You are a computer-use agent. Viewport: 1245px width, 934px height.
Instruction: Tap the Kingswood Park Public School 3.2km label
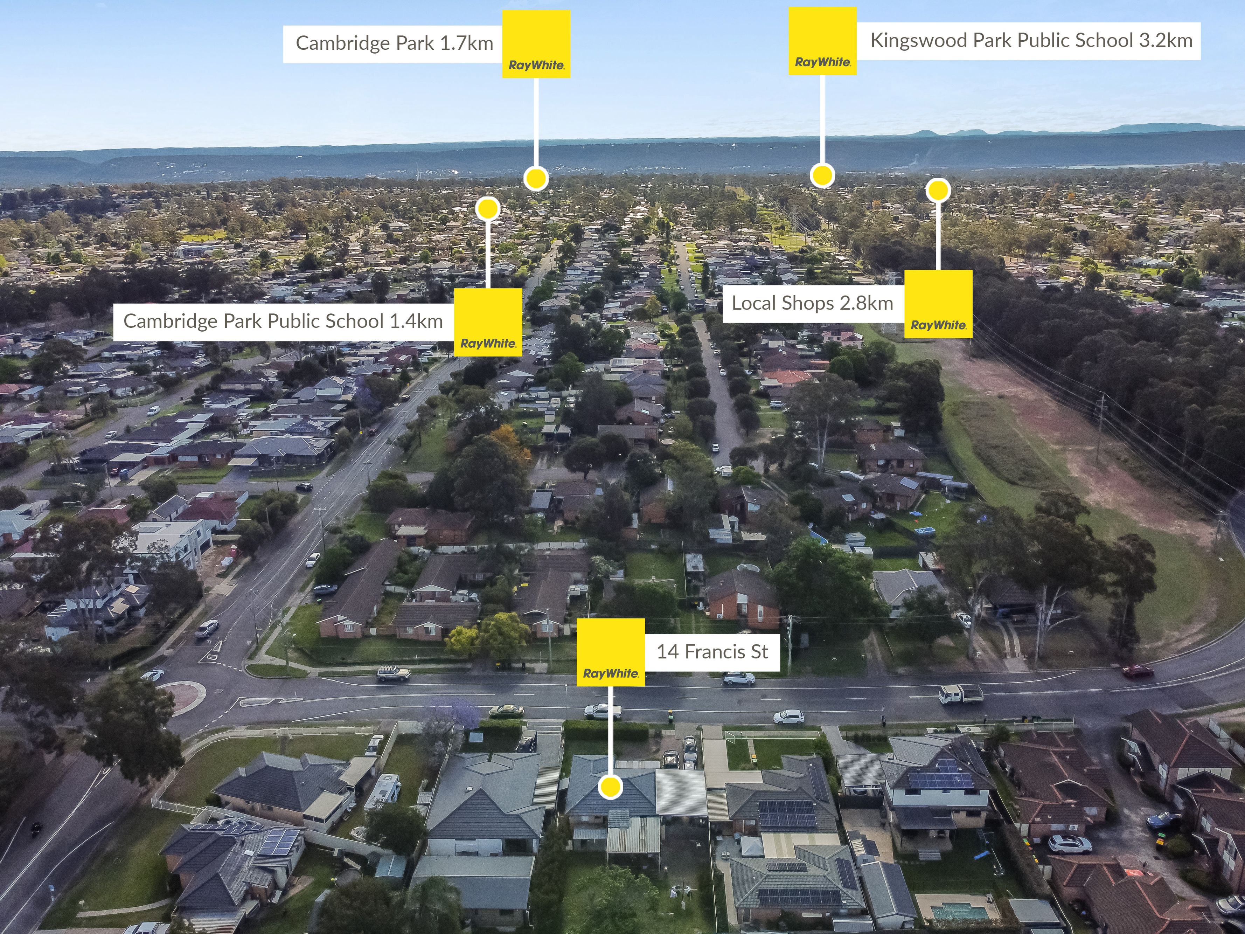(1031, 41)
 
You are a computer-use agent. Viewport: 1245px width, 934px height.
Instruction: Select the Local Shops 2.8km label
(812, 303)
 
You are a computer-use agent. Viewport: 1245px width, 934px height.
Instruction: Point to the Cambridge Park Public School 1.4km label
(283, 321)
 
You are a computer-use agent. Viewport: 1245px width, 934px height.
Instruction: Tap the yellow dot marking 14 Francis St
(610, 787)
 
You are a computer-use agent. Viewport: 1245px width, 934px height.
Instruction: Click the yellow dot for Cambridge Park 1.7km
(536, 179)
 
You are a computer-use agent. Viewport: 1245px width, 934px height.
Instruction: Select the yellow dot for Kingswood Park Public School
(822, 175)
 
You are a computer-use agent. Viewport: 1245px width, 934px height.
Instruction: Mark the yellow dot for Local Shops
(938, 190)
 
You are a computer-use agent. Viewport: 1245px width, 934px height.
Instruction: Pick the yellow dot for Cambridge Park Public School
(487, 209)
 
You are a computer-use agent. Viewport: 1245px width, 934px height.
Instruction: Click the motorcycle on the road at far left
(36, 828)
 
